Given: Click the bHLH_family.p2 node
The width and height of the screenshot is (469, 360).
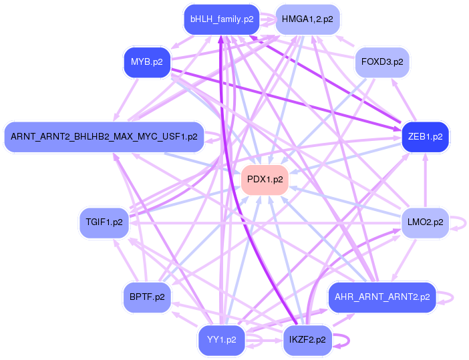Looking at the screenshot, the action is point(222,19).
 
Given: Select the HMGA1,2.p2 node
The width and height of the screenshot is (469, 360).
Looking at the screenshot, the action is point(307,19).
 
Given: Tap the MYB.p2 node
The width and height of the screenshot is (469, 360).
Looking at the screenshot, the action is point(147,62).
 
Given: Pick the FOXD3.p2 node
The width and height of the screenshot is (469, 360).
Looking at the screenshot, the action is point(382,62).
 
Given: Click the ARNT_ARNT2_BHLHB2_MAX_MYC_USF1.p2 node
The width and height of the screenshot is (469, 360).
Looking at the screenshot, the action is point(104,137).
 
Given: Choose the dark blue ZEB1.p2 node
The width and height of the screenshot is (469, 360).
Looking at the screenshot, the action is point(425,137).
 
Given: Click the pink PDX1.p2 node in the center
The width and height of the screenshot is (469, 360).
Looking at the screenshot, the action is point(265,180).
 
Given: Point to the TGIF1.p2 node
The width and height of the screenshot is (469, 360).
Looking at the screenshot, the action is point(104,222).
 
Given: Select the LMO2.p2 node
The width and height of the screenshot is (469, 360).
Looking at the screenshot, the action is point(425,222).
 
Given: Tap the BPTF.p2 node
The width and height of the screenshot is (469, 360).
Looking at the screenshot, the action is point(147,297).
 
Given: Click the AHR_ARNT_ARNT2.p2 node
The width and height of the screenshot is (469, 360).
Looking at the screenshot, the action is point(382,297).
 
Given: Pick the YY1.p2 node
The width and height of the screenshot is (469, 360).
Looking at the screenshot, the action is point(222,340).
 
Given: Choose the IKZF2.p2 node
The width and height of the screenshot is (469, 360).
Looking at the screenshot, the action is point(307,340).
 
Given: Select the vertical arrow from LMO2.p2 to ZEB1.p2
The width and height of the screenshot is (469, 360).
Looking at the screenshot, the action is point(425,180).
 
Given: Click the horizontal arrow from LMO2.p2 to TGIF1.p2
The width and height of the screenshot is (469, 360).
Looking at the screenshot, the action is point(265,223).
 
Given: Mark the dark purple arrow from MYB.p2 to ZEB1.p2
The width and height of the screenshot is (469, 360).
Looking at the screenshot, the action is point(286,100).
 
